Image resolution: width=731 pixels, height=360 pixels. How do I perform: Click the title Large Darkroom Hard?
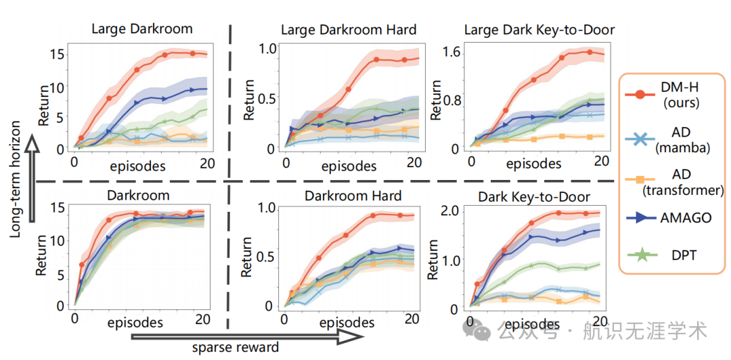[349, 30]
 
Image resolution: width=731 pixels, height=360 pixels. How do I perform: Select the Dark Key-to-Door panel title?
[533, 197]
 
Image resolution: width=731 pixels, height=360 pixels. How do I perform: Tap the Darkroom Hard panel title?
[353, 196]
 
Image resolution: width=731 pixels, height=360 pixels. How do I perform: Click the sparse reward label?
[236, 347]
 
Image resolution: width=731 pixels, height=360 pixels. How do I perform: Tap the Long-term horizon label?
[15, 179]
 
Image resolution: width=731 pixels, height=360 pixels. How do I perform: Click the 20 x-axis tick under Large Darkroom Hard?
[415, 164]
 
